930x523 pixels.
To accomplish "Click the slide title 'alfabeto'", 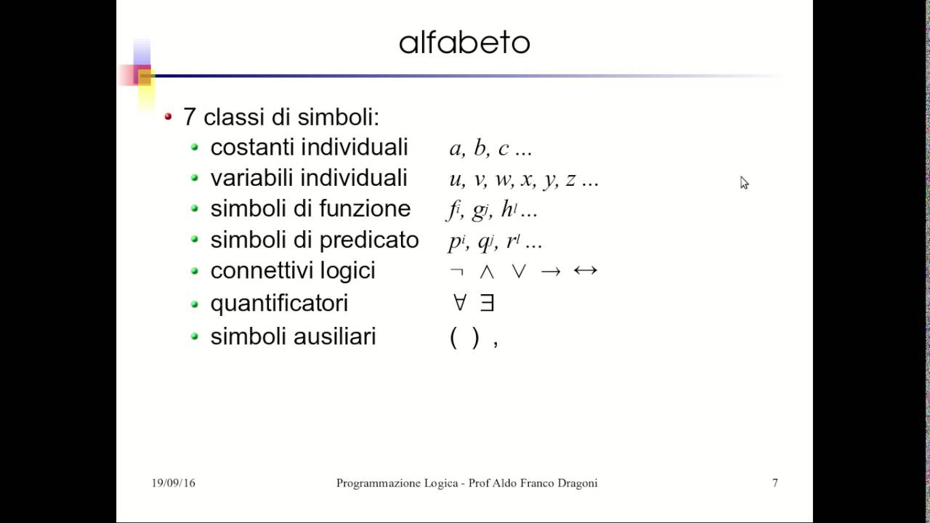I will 464,43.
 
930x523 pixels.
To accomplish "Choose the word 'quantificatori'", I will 279,303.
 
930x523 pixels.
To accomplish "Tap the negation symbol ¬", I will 456,272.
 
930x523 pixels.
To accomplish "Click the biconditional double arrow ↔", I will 585,271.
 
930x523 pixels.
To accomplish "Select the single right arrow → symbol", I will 551,272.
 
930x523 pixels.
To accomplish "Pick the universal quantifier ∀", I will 459,303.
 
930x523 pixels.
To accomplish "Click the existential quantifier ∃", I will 487,303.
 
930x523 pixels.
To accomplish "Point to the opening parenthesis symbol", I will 453,337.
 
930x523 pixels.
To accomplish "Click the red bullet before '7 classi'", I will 169,116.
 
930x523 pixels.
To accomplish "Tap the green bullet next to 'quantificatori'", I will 194,304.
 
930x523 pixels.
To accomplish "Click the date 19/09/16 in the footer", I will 173,483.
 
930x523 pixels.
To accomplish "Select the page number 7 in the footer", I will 775,483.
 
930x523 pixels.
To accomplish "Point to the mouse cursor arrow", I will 744,182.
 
